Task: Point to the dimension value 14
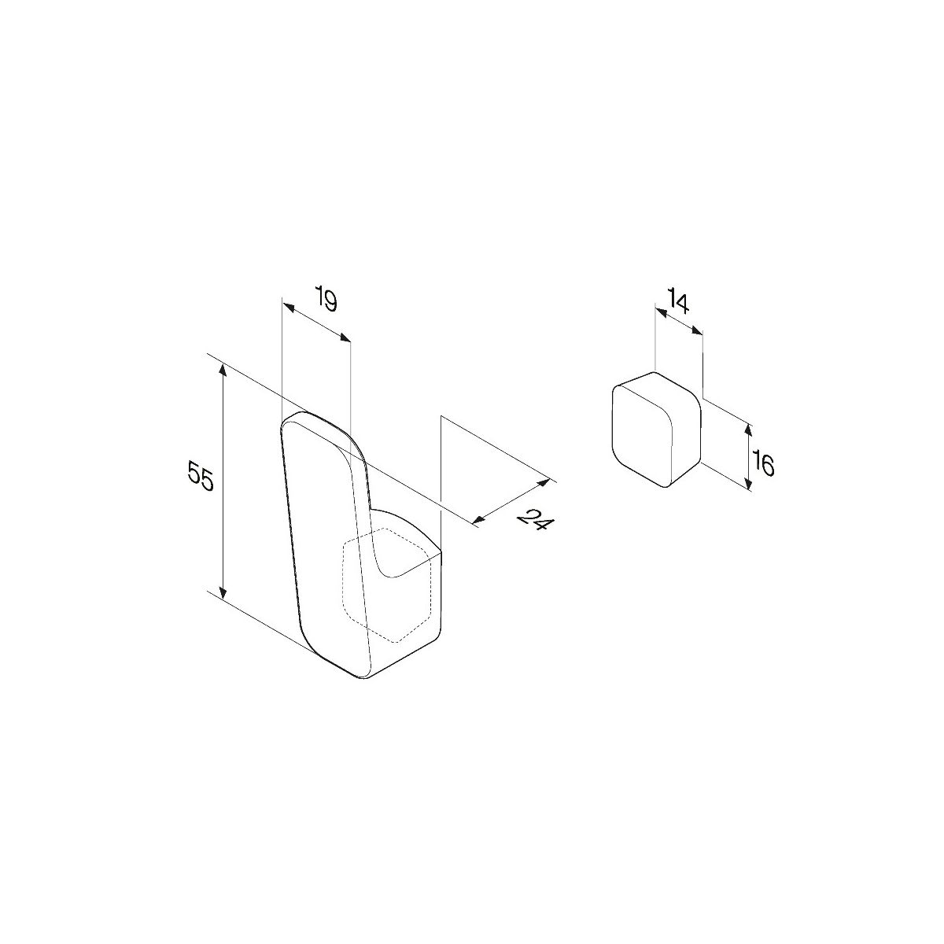tap(678, 303)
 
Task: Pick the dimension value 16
tap(764, 466)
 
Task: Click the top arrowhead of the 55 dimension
tap(223, 370)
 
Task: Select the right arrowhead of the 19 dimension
tap(345, 338)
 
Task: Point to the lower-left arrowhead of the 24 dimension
tap(479, 520)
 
